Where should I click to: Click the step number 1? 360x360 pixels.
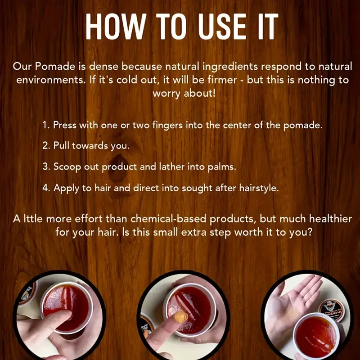pos(45,126)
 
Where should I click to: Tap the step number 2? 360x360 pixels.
pos(45,146)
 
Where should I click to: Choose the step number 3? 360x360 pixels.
pos(45,166)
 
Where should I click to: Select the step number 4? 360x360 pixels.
pos(45,188)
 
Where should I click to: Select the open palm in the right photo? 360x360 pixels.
pos(288,306)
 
